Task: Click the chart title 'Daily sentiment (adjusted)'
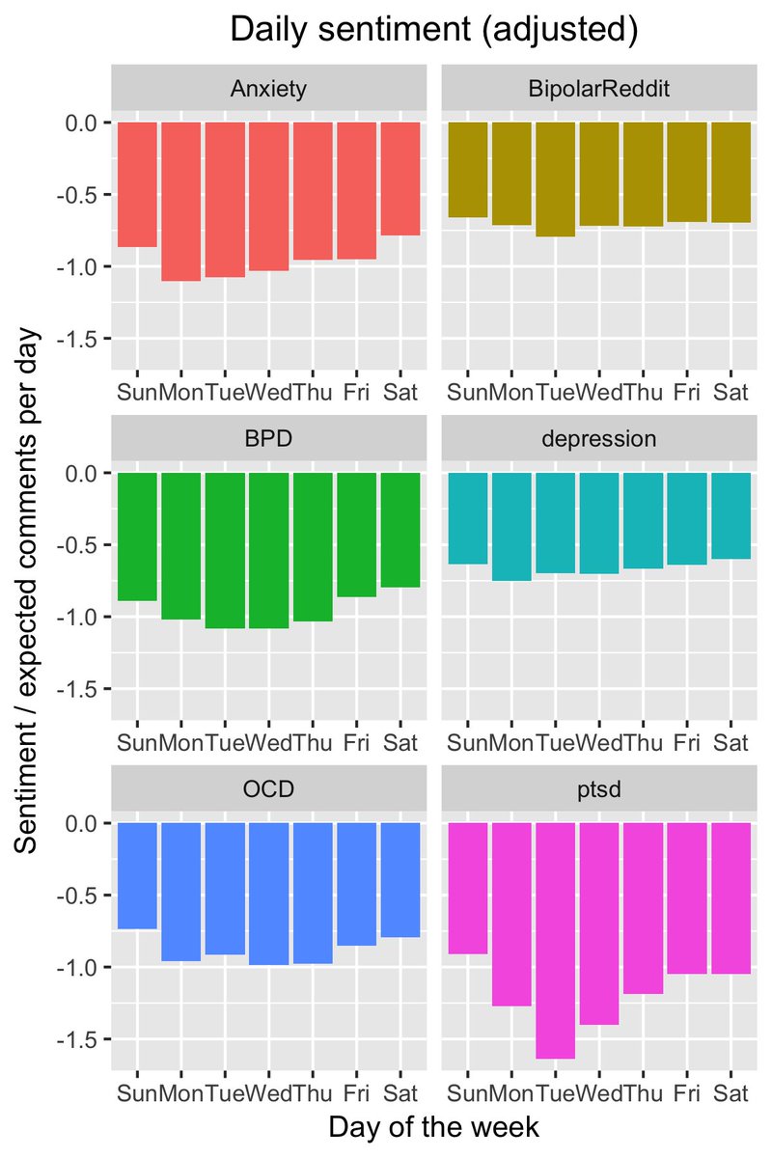(x=433, y=31)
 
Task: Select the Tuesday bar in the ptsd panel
(x=555, y=941)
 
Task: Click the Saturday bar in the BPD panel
(x=400, y=530)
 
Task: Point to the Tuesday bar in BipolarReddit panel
(x=555, y=179)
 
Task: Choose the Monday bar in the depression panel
(x=510, y=527)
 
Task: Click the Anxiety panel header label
(x=268, y=90)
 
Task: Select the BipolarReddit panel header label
(x=598, y=90)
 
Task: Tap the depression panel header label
(x=598, y=440)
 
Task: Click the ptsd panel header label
(x=598, y=790)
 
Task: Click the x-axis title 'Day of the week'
(x=433, y=1127)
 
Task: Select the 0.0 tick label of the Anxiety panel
(x=82, y=123)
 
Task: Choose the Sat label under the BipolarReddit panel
(x=731, y=393)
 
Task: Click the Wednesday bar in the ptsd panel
(x=598, y=924)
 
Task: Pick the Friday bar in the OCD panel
(x=356, y=884)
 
